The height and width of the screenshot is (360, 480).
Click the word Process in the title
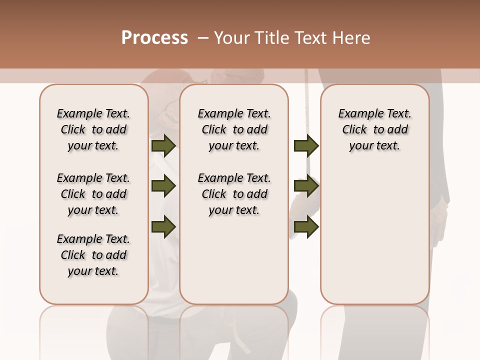coord(154,38)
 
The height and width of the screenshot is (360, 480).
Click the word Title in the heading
coord(272,38)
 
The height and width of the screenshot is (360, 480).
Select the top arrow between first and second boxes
coord(163,145)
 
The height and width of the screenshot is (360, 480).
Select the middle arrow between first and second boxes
coord(163,186)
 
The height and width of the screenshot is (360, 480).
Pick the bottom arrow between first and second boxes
coord(163,226)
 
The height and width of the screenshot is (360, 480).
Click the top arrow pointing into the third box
coord(306,145)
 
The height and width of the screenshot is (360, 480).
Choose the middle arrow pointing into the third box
coord(306,186)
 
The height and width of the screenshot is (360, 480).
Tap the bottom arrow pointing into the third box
coord(306,226)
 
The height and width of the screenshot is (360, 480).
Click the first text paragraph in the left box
coord(93,129)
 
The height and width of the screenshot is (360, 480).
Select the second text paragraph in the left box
coord(93,194)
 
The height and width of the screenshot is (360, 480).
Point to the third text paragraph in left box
coord(93,255)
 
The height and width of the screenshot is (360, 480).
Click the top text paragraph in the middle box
coord(234,129)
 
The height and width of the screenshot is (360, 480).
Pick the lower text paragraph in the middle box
coord(234,194)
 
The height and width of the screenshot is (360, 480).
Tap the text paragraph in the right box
coord(374,129)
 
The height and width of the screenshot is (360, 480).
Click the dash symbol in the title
coord(203,38)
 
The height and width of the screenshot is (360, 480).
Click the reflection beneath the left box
coord(94,330)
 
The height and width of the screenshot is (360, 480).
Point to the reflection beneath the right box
coord(374,330)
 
